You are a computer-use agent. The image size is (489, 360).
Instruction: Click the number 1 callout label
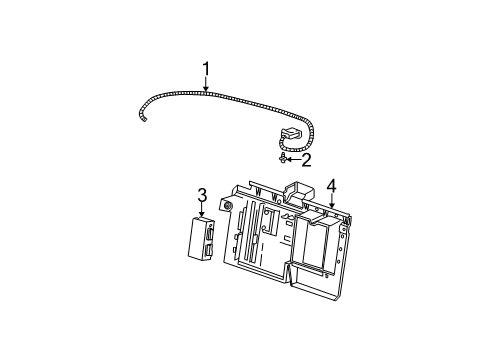(x=205, y=69)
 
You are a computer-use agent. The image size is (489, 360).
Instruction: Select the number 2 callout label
(x=306, y=159)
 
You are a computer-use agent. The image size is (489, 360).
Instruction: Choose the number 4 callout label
(x=332, y=185)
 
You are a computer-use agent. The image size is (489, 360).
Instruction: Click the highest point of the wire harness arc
(x=200, y=92)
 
